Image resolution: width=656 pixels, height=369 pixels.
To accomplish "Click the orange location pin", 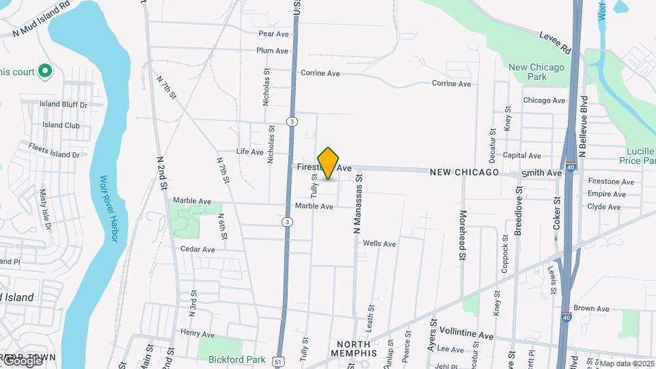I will [329, 163].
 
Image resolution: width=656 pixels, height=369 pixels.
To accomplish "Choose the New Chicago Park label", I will [536, 72].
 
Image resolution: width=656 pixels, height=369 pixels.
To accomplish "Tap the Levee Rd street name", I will [554, 42].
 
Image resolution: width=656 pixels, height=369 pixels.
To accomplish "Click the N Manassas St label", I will [357, 204].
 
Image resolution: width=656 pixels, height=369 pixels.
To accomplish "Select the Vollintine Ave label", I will [466, 336].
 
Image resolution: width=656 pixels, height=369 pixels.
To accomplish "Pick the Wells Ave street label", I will [379, 243].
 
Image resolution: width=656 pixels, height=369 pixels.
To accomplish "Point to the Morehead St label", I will [463, 238].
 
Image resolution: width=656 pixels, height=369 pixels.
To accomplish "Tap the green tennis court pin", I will [45, 70].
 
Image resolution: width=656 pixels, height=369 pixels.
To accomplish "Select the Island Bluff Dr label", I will [64, 105].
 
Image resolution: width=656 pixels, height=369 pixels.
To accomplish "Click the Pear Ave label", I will [273, 33].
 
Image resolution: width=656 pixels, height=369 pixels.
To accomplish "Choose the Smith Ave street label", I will [541, 174].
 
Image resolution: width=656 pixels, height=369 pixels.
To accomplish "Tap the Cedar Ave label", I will [197, 249].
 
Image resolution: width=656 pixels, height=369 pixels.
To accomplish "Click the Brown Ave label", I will [591, 309].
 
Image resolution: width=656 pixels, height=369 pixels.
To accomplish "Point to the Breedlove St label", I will [518, 215].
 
